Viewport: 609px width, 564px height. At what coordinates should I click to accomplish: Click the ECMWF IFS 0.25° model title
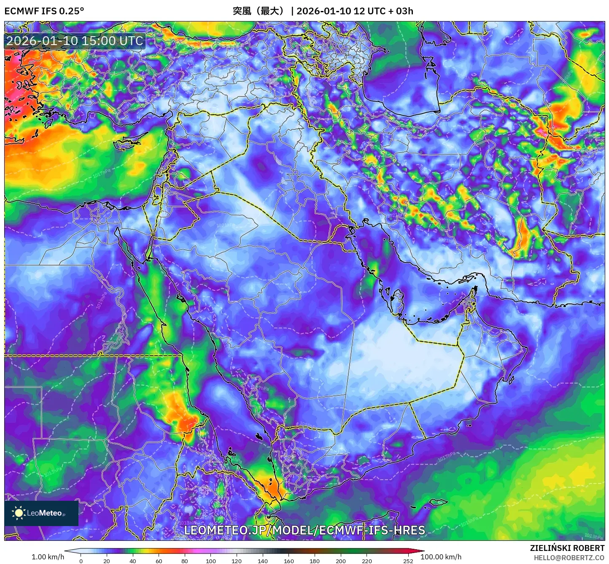[x=44, y=11]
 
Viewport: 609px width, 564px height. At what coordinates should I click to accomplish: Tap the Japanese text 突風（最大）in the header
[x=259, y=11]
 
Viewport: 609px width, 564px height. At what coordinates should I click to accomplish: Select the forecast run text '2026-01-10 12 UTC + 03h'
[x=355, y=11]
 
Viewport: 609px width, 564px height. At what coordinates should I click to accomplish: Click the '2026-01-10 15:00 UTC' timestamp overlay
[x=75, y=41]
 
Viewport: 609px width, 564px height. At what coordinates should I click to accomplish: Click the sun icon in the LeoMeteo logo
[x=19, y=513]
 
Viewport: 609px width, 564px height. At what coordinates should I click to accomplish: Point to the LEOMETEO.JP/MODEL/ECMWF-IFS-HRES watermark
[x=304, y=530]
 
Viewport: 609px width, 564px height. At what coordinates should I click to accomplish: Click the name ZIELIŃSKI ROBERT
[x=567, y=548]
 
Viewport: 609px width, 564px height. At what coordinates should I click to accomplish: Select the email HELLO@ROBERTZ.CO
[x=569, y=558]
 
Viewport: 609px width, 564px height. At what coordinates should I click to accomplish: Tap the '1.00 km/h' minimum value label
[x=48, y=557]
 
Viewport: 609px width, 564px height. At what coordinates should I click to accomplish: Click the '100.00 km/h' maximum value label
[x=441, y=557]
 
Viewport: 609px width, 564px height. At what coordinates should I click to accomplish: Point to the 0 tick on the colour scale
[x=81, y=561]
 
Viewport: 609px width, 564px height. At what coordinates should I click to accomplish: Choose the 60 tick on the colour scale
[x=159, y=561]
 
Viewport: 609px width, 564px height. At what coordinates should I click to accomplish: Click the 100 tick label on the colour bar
[x=210, y=561]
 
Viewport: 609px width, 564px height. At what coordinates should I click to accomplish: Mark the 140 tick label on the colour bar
[x=262, y=561]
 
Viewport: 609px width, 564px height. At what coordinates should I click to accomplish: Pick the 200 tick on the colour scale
[x=340, y=561]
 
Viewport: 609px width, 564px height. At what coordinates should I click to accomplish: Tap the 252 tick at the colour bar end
[x=408, y=561]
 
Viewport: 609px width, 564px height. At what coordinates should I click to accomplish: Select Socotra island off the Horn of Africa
[x=439, y=502]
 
